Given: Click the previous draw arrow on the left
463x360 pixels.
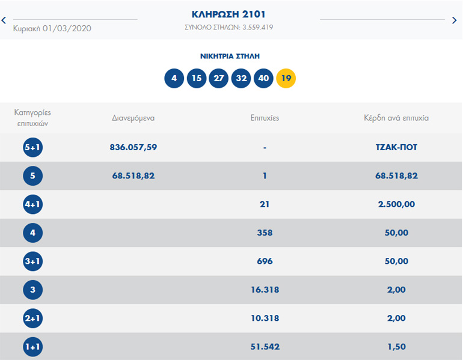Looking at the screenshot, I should coord(4,20).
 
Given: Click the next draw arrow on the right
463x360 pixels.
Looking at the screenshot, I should coord(455,20).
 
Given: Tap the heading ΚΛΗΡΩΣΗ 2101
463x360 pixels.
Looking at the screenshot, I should coord(228,14).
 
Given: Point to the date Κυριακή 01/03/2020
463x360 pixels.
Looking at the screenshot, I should coord(52,28).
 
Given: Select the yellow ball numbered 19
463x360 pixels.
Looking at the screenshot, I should coord(286,78).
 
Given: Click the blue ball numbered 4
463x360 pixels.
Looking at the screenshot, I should coord(174,78).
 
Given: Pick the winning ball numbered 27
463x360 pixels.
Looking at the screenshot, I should coord(219,78).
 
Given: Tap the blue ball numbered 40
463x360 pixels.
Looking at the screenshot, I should coord(263,78).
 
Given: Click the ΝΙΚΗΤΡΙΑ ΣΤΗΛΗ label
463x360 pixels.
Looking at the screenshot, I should coord(230,56).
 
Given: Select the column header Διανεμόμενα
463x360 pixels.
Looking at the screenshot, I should coord(133,118).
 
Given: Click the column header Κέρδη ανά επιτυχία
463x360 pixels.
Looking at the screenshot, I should coord(396,118).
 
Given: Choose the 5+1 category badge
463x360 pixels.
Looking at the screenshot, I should coord(32,147).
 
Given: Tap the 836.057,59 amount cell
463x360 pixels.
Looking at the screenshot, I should coord(133,147).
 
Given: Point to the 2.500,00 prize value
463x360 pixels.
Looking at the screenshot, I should coord(396,204).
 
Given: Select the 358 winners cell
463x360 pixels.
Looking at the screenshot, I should coord(265,233).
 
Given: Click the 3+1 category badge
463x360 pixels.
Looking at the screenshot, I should coord(32,261).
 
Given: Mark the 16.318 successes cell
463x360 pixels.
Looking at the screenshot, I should coord(265,290).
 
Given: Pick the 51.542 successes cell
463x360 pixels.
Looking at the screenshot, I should coord(265,347).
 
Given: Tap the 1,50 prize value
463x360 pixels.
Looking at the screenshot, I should coord(396,347).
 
